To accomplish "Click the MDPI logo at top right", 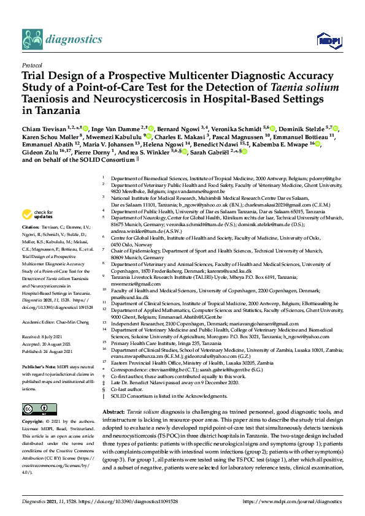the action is pos(325,40).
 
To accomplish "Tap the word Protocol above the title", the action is pos(32,64).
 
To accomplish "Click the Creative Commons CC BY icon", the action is pos(35,409).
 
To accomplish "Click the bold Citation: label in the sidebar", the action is pos(33,243).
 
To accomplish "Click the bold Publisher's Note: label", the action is pos(39,365).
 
